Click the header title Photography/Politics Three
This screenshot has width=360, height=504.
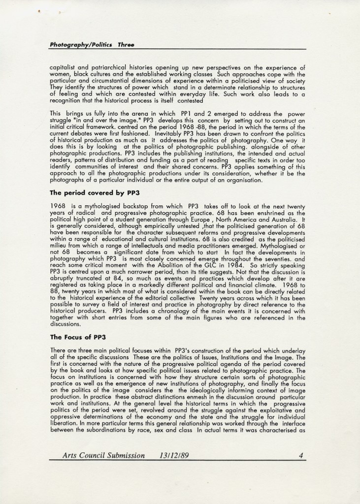92,45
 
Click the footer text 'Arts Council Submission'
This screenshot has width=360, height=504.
103,455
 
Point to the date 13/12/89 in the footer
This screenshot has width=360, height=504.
174,455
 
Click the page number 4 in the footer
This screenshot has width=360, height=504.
300,455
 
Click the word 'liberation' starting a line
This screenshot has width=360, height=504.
64,422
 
